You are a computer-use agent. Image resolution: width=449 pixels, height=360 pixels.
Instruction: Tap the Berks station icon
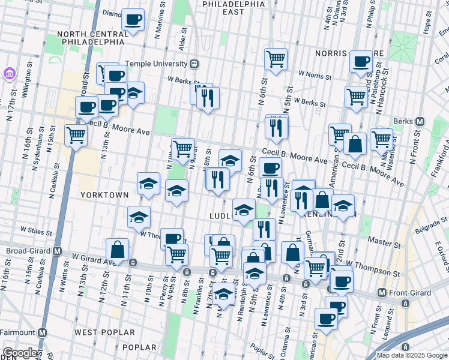420,122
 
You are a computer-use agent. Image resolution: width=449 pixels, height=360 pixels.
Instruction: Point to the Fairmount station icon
43,332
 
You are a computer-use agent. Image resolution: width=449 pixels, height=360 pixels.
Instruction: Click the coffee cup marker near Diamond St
133,19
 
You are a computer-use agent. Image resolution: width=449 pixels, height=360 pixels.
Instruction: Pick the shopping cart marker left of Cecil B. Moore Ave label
76,136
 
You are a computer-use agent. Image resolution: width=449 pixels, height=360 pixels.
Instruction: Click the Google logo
20,353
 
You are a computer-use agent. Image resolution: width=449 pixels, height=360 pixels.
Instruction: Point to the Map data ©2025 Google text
412,355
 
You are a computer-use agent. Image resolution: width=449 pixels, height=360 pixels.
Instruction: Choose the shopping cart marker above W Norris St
276,60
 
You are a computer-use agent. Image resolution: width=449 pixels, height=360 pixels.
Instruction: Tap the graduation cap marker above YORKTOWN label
148,185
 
